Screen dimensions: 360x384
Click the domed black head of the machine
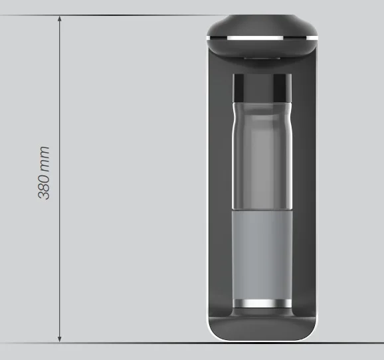[x=262, y=25]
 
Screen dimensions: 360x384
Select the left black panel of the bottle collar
[x=241, y=86]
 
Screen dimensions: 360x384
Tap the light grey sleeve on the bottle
[x=262, y=256]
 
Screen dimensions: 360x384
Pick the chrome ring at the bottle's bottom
[x=262, y=306]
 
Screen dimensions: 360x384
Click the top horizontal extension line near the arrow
[x=133, y=16]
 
